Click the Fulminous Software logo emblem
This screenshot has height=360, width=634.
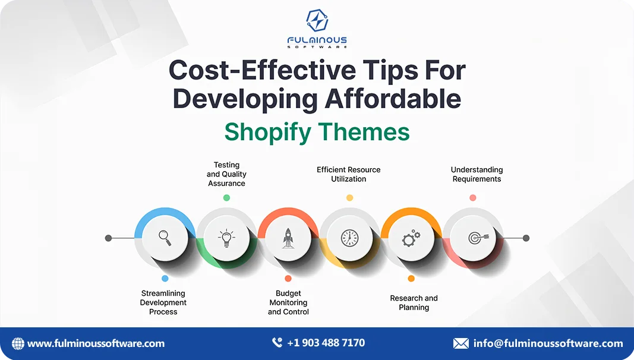(317, 21)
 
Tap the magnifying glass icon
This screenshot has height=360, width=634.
(165, 238)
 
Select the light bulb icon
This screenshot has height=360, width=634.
(226, 238)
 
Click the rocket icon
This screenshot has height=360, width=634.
(288, 238)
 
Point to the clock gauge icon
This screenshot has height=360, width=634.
(349, 238)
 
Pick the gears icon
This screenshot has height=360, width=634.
(411, 238)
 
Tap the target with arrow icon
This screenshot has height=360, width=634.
(473, 238)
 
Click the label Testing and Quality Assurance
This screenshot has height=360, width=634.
(226, 174)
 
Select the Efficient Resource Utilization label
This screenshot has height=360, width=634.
(349, 174)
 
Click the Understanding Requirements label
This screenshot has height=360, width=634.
(477, 174)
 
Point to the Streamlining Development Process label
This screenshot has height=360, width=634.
(163, 302)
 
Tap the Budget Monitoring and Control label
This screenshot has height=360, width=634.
(288, 302)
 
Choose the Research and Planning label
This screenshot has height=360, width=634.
(414, 302)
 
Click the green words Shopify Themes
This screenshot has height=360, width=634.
(317, 132)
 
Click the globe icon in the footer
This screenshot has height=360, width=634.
(18, 343)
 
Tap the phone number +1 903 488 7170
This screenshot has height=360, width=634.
(326, 343)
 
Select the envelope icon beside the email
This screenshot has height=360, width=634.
(460, 343)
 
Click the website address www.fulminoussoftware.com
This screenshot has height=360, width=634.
(96, 343)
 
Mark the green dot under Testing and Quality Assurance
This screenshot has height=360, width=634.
(226, 197)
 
